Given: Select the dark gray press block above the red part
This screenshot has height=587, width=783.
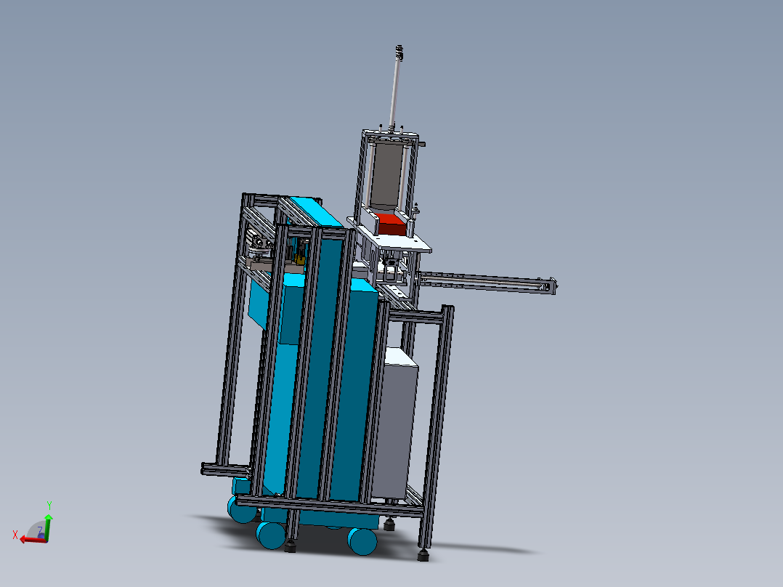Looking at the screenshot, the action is [386, 177].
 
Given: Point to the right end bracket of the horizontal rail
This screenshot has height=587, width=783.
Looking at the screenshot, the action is [552, 286].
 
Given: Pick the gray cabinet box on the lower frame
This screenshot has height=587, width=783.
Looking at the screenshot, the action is [395, 425].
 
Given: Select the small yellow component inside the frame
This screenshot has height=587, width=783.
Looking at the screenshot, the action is [299, 259].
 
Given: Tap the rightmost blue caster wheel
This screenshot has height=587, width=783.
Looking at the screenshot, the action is [362, 541].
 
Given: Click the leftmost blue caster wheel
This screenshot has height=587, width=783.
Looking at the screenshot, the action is [242, 509].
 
